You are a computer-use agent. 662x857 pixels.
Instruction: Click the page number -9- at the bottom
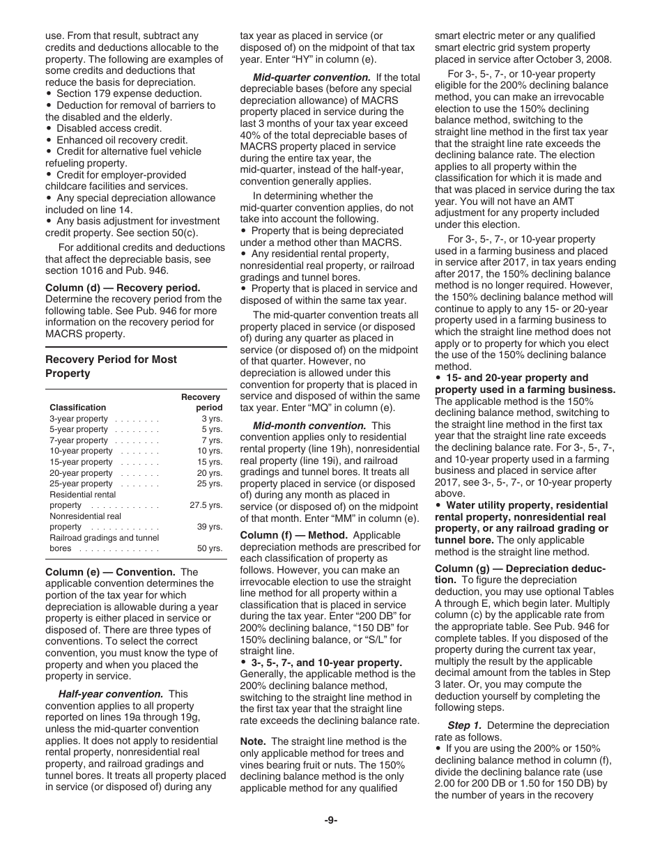pos(330,820)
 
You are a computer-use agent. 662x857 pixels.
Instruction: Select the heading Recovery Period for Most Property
pos(111,366)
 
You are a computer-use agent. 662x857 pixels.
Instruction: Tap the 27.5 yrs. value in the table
pos(206,505)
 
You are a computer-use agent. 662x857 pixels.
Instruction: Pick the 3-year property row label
pos(79,419)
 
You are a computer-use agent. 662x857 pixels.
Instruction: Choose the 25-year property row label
pos(81,484)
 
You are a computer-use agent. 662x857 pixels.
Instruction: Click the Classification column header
pos(77,408)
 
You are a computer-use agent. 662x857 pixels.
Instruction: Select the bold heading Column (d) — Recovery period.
pos(123,287)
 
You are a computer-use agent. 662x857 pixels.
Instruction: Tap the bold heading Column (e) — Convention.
pos(111,572)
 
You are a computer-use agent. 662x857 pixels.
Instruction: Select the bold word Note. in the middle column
pos(253,741)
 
